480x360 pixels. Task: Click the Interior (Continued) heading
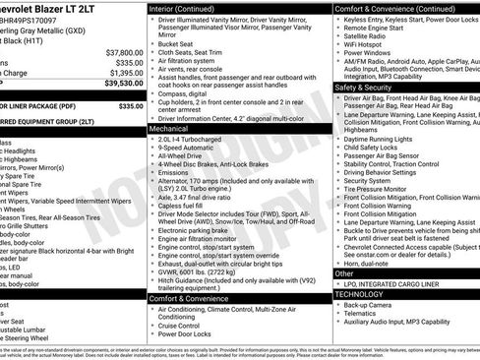click(182, 7)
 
